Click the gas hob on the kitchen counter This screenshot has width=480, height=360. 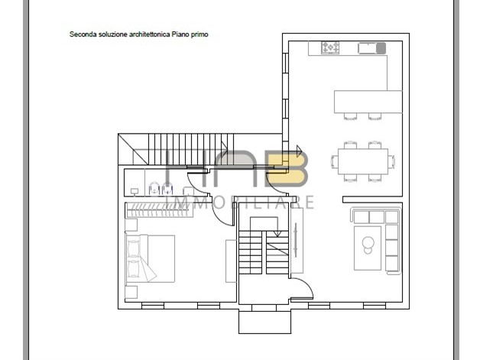(330, 47)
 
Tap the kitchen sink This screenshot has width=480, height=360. (371, 48)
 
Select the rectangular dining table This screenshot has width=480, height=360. (363, 161)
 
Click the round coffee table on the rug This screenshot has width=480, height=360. (368, 243)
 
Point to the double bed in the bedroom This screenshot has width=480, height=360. (150, 258)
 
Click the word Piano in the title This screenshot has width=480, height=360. (180, 34)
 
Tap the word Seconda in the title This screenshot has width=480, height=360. (81, 34)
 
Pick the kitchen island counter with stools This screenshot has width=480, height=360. (368, 102)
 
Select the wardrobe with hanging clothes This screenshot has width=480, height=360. (159, 209)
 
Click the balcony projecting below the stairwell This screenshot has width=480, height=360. (264, 321)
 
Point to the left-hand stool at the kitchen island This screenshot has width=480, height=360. (350, 116)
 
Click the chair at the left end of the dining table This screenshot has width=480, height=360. (334, 161)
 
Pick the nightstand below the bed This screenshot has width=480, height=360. (131, 292)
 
